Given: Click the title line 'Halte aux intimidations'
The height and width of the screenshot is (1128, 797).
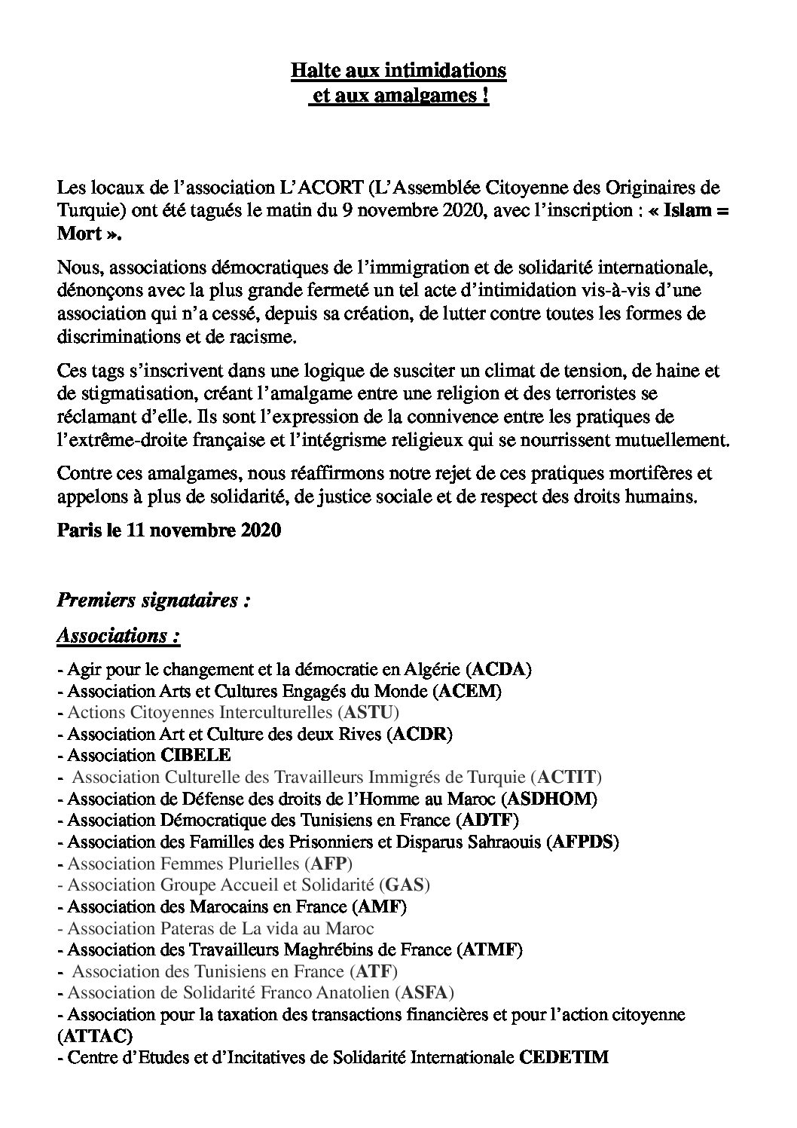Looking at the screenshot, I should (x=398, y=71).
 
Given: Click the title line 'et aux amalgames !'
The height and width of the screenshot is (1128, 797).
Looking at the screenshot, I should (x=398, y=97).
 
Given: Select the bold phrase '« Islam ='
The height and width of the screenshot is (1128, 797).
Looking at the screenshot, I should (x=686, y=210).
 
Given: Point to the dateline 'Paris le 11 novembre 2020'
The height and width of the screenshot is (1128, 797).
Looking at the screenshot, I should (x=169, y=530).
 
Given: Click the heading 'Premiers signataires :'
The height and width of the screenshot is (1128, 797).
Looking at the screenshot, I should (x=153, y=601).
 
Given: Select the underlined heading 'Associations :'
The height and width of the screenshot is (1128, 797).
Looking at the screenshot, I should (x=118, y=635).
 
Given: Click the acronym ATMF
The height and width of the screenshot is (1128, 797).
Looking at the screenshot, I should (x=489, y=949).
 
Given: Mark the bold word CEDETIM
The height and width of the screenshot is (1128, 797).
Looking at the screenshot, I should (x=564, y=1057).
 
